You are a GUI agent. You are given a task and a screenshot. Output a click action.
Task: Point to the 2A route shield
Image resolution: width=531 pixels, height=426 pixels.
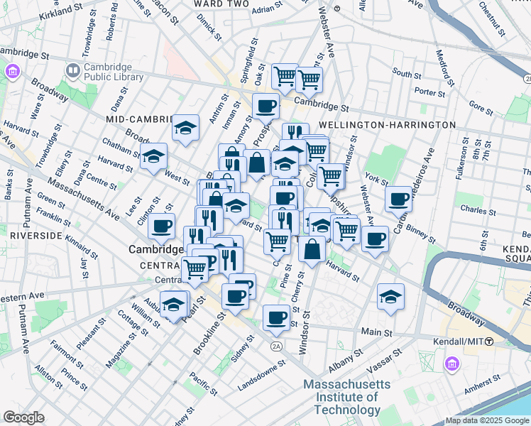point(276,346)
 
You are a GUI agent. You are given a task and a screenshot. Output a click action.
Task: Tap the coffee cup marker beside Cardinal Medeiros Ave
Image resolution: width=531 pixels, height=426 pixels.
point(400,199)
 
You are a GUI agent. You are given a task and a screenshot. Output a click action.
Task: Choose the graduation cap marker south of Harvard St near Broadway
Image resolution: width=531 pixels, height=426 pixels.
point(390,297)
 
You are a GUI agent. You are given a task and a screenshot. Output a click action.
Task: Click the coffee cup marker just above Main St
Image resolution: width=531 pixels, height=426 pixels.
point(276,317)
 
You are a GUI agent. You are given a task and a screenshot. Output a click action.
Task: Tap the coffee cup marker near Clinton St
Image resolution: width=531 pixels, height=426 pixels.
point(161,226)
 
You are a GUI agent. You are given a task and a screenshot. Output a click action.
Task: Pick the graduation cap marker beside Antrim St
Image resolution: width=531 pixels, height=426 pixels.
point(185,128)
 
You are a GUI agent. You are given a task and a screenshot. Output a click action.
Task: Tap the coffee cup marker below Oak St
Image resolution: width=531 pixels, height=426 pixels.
point(265,106)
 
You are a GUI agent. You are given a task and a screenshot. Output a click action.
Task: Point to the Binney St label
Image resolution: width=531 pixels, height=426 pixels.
point(427,229)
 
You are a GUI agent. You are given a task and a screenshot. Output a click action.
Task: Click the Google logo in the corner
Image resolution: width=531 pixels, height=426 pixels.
point(23,417)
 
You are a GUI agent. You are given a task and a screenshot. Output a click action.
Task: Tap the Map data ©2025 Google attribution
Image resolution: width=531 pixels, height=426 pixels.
point(486,420)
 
